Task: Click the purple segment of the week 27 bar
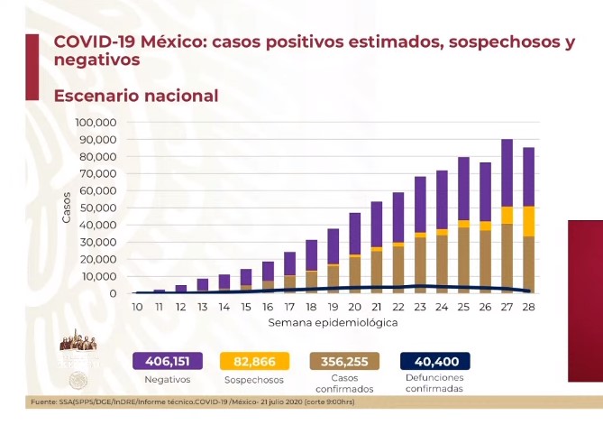click(507, 172)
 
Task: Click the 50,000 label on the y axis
click(103, 208)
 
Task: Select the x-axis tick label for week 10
click(136, 308)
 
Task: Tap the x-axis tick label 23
click(420, 308)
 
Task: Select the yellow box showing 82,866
click(254, 361)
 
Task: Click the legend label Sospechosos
click(254, 380)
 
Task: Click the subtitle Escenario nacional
click(135, 96)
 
